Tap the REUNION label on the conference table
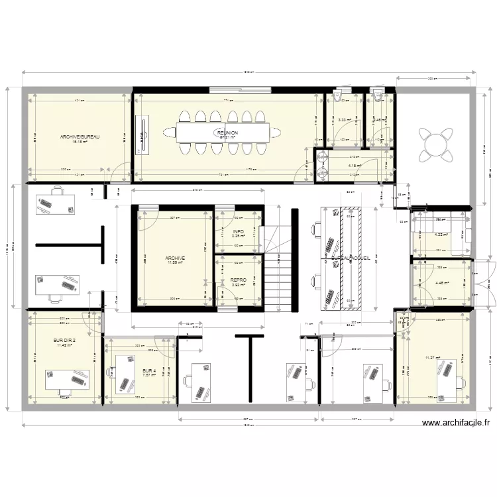tap(227, 133)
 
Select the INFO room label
tap(239, 231)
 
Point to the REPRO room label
tap(239, 280)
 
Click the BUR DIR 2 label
tap(64, 340)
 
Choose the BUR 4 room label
tap(149, 370)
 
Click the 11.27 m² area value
tap(433, 359)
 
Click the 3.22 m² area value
tap(343, 120)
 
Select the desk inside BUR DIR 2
tap(66, 379)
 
